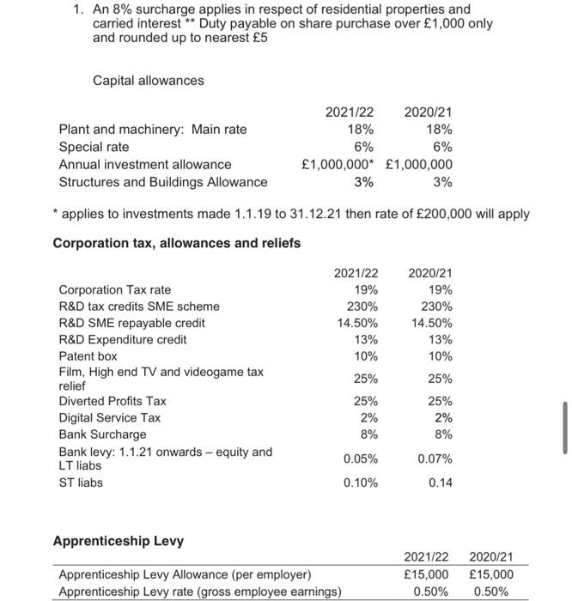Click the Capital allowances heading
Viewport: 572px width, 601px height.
148,80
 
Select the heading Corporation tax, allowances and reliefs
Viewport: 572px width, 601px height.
177,243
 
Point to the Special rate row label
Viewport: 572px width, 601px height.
94,147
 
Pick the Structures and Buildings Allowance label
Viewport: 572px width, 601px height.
162,181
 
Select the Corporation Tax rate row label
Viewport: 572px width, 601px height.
114,289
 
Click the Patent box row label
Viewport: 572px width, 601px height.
88,355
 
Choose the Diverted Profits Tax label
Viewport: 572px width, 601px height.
113,401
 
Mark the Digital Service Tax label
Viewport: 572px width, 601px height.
109,417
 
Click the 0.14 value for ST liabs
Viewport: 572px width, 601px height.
441,483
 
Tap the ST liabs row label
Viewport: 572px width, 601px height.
80,483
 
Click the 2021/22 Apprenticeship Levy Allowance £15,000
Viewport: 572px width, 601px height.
426,574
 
